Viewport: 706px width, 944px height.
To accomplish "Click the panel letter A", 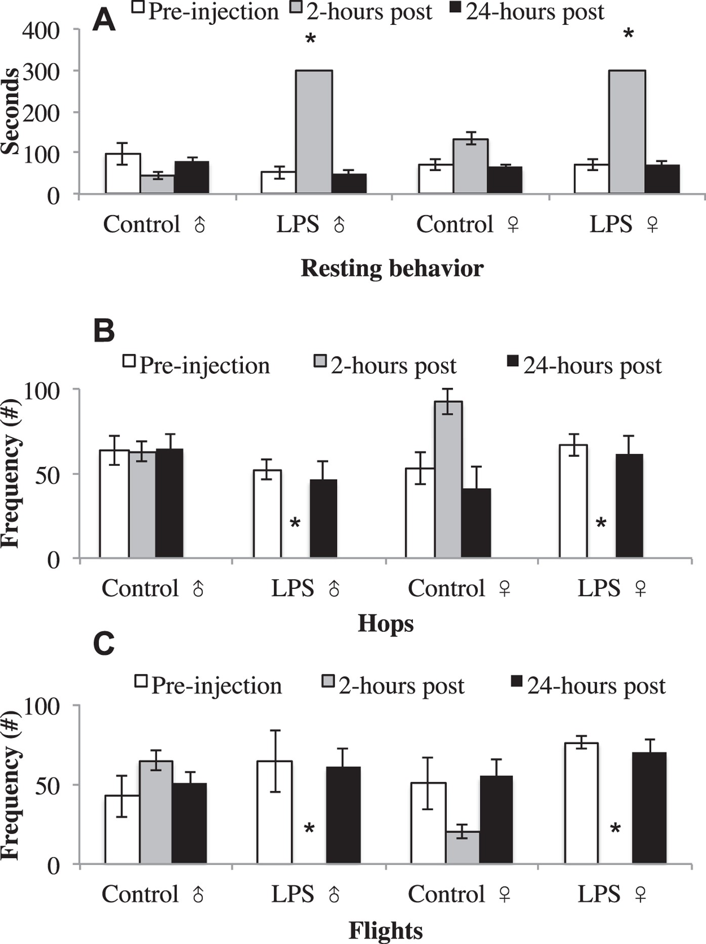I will pyautogui.click(x=104, y=21).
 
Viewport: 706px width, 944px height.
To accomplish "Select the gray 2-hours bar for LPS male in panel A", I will pyautogui.click(x=314, y=132).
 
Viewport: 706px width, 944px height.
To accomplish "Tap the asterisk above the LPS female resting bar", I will pyautogui.click(x=628, y=35).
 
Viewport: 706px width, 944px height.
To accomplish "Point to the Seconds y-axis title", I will pyautogui.click(x=10, y=111).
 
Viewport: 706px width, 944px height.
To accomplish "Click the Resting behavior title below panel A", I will pyautogui.click(x=392, y=268).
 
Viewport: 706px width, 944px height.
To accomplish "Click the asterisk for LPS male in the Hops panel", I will pyautogui.click(x=295, y=523).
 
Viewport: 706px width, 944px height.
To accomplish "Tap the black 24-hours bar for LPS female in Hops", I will pyautogui.click(x=629, y=506).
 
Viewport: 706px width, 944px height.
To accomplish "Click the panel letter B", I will pyautogui.click(x=104, y=331).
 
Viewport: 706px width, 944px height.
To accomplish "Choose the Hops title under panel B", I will pyautogui.click(x=386, y=624).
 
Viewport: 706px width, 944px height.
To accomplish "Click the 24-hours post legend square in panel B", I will pyautogui.click(x=513, y=361).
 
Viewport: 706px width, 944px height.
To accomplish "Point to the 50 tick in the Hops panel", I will pyautogui.click(x=48, y=475).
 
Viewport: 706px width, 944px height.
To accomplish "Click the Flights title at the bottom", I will pyautogui.click(x=386, y=930).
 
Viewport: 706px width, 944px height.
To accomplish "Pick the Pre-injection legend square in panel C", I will pyautogui.click(x=141, y=681).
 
